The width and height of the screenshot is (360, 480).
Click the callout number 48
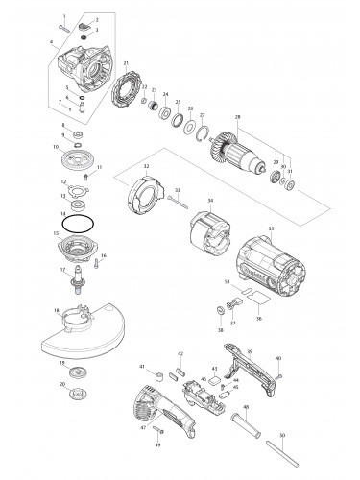245,408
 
